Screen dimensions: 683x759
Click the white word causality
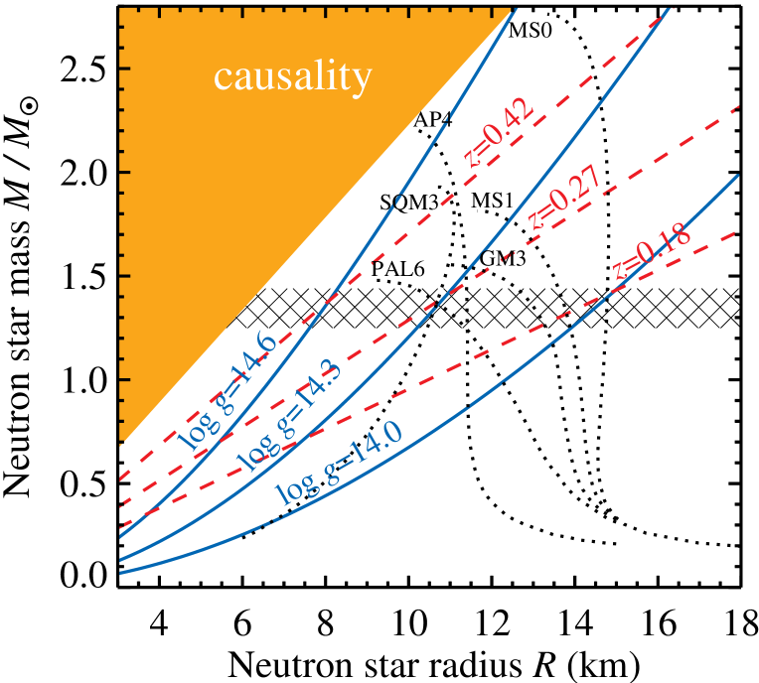coord(292,76)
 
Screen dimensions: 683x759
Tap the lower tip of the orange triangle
coord(120,442)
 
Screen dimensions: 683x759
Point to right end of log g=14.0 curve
coord(738,175)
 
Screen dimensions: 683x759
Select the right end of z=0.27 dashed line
coord(741,105)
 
